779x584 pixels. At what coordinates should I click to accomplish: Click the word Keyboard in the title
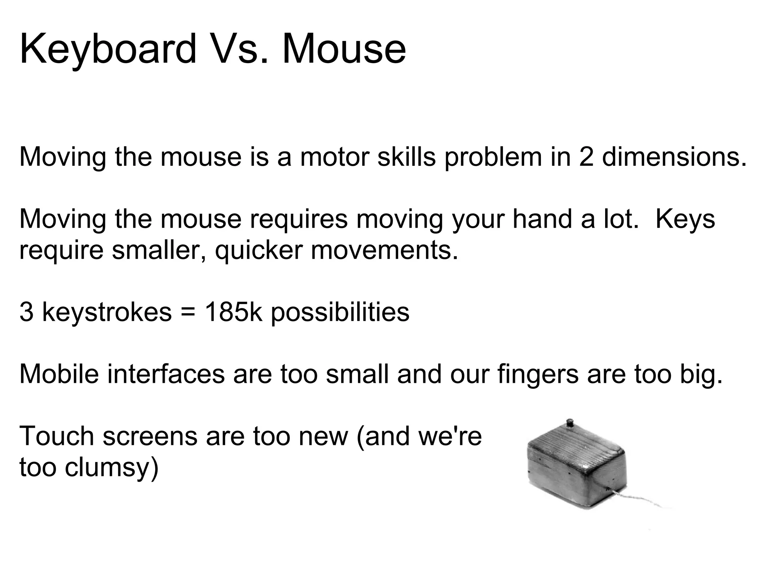108,50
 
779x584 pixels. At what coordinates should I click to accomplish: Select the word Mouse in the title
344,50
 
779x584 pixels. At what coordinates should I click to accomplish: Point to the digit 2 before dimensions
586,157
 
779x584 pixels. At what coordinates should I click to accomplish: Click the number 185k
233,312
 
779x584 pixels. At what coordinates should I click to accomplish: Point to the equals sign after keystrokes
188,313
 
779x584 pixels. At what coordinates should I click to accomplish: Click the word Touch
57,436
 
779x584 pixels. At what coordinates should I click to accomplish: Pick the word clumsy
111,468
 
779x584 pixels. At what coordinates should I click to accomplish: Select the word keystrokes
107,313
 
